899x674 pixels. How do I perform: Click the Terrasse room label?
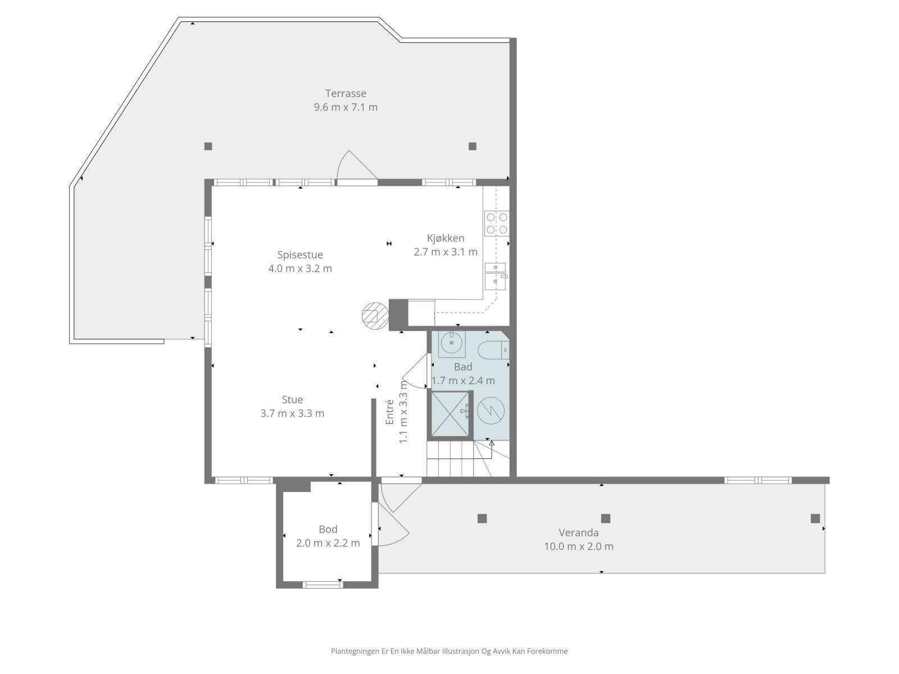pos(346,93)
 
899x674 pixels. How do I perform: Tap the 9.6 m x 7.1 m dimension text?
pos(346,107)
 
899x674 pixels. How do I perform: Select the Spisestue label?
pos(300,254)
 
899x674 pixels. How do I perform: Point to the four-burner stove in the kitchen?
pos(497,223)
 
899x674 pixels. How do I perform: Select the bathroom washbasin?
pos(452,344)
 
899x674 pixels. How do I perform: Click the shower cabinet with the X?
pos(449,414)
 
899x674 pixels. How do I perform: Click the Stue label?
pos(292,400)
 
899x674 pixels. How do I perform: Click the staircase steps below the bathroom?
pos(449,459)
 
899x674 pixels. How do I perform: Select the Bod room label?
pos(328,529)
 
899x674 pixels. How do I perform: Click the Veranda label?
pos(579,532)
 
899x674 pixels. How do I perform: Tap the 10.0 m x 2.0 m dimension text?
pos(579,546)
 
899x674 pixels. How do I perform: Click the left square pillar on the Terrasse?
pos(208,146)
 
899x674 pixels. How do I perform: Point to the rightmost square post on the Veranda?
pos(815,518)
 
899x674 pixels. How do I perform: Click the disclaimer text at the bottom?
pos(449,652)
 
